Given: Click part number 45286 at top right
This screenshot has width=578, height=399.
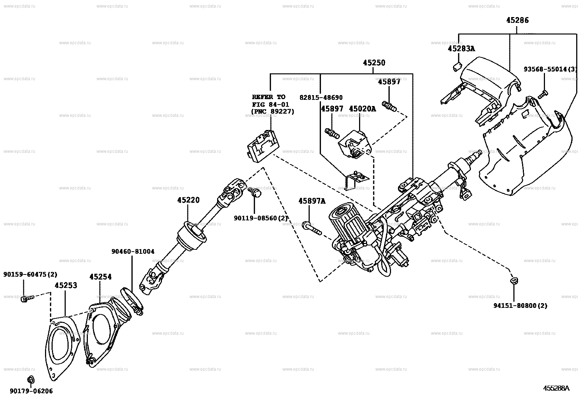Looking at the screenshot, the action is click(517, 20).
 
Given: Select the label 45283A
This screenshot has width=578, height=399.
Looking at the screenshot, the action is click(461, 49).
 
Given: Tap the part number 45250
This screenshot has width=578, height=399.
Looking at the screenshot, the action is click(374, 63).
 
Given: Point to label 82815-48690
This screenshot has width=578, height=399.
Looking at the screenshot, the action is click(321, 98).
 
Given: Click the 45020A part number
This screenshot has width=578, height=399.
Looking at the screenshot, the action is click(362, 109).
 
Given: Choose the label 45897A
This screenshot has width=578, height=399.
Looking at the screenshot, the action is click(312, 201).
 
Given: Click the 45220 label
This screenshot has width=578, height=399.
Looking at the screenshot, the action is click(188, 200).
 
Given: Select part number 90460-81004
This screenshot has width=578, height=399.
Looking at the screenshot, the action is click(133, 251).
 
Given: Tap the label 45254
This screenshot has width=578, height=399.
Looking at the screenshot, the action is click(100, 277).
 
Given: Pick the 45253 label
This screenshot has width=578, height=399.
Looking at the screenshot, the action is click(66, 285).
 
